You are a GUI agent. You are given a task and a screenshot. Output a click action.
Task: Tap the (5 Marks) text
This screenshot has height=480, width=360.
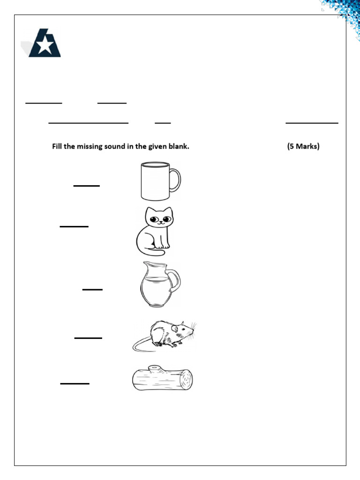point(303,147)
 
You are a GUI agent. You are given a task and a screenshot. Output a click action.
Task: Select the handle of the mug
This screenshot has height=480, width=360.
point(175,180)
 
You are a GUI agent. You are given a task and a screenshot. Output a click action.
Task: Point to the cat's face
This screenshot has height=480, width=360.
point(158,219)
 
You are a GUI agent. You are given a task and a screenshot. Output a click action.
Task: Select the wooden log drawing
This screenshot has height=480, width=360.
point(162,379)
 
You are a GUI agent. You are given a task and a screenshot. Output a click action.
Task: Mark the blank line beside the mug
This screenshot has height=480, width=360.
point(87,186)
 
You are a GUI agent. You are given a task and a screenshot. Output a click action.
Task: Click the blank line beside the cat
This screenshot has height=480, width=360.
point(74,226)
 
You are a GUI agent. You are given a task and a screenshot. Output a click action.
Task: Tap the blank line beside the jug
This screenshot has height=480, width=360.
point(92,290)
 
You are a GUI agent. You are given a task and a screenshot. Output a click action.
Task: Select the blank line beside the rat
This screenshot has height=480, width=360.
point(88,337)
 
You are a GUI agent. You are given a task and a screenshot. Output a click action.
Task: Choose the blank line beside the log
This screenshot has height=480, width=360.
point(75,383)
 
